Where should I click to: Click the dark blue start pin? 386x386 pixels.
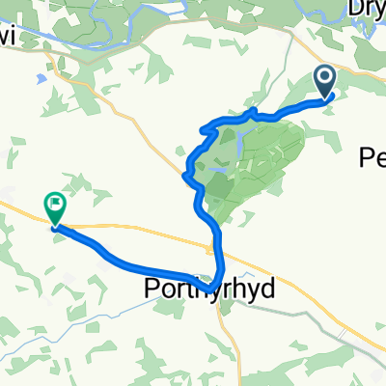(324, 81)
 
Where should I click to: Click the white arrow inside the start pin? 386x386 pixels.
(324, 78)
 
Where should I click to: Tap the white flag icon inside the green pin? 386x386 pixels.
(54, 204)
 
